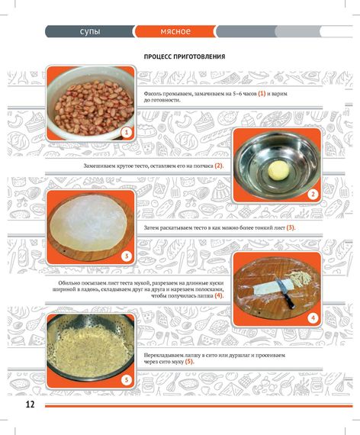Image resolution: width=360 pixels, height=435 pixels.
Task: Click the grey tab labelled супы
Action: pos(90,31)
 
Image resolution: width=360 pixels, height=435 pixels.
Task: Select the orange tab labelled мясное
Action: pos(175,31)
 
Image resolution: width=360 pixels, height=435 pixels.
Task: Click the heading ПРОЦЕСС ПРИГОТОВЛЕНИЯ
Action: pos(185,56)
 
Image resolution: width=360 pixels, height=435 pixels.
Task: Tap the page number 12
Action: pos(31,404)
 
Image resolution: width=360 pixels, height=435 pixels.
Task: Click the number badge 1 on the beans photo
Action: pos(127,132)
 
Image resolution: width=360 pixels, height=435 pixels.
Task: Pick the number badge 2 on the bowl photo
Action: pos(313,194)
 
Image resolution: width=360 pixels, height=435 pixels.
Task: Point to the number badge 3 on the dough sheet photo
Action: pos(127,256)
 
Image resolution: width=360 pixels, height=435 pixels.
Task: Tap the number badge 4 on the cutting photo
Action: pos(313,318)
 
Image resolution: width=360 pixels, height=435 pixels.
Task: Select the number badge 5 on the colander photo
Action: pos(127,379)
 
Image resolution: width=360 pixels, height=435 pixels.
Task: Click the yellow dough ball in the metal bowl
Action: pos(278,171)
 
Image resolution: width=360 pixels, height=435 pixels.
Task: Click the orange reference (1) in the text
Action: pos(262,94)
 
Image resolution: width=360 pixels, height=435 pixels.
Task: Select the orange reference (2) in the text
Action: pos(219,166)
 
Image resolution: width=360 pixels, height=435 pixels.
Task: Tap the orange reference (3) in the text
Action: pos(291,227)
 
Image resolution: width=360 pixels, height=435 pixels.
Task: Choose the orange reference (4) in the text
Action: pos(219,295)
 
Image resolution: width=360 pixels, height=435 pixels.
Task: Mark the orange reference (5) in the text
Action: pos(189,362)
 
